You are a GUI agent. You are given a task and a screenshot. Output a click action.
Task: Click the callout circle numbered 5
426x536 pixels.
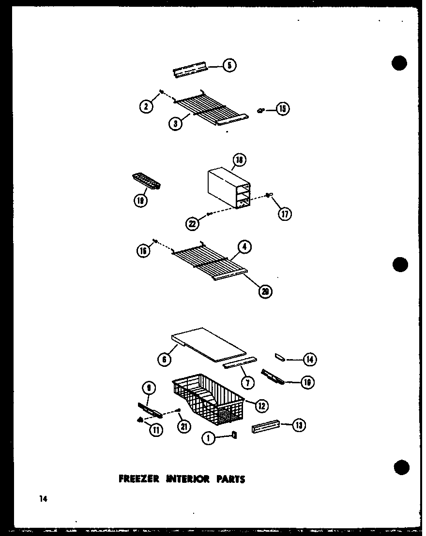(229, 65)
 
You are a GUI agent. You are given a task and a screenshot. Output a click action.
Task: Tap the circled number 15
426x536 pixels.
(282, 109)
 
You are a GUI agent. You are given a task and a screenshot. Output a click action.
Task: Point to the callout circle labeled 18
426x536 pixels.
(239, 160)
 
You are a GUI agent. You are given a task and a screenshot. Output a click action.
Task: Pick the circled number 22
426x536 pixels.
(192, 223)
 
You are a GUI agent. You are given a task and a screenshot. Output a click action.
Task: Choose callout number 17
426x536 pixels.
(285, 213)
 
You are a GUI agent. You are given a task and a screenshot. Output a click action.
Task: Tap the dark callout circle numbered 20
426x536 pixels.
(265, 291)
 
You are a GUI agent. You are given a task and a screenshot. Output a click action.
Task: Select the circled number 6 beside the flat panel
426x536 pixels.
(164, 359)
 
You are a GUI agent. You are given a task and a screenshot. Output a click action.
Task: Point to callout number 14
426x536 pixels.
(309, 359)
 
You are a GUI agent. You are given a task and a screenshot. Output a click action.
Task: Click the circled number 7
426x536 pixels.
(247, 382)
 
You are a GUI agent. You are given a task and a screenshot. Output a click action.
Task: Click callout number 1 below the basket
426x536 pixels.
(208, 438)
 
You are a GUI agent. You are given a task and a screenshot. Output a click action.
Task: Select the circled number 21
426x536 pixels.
(184, 426)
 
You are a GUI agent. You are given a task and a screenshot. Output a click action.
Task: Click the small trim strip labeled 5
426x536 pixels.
(190, 71)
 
